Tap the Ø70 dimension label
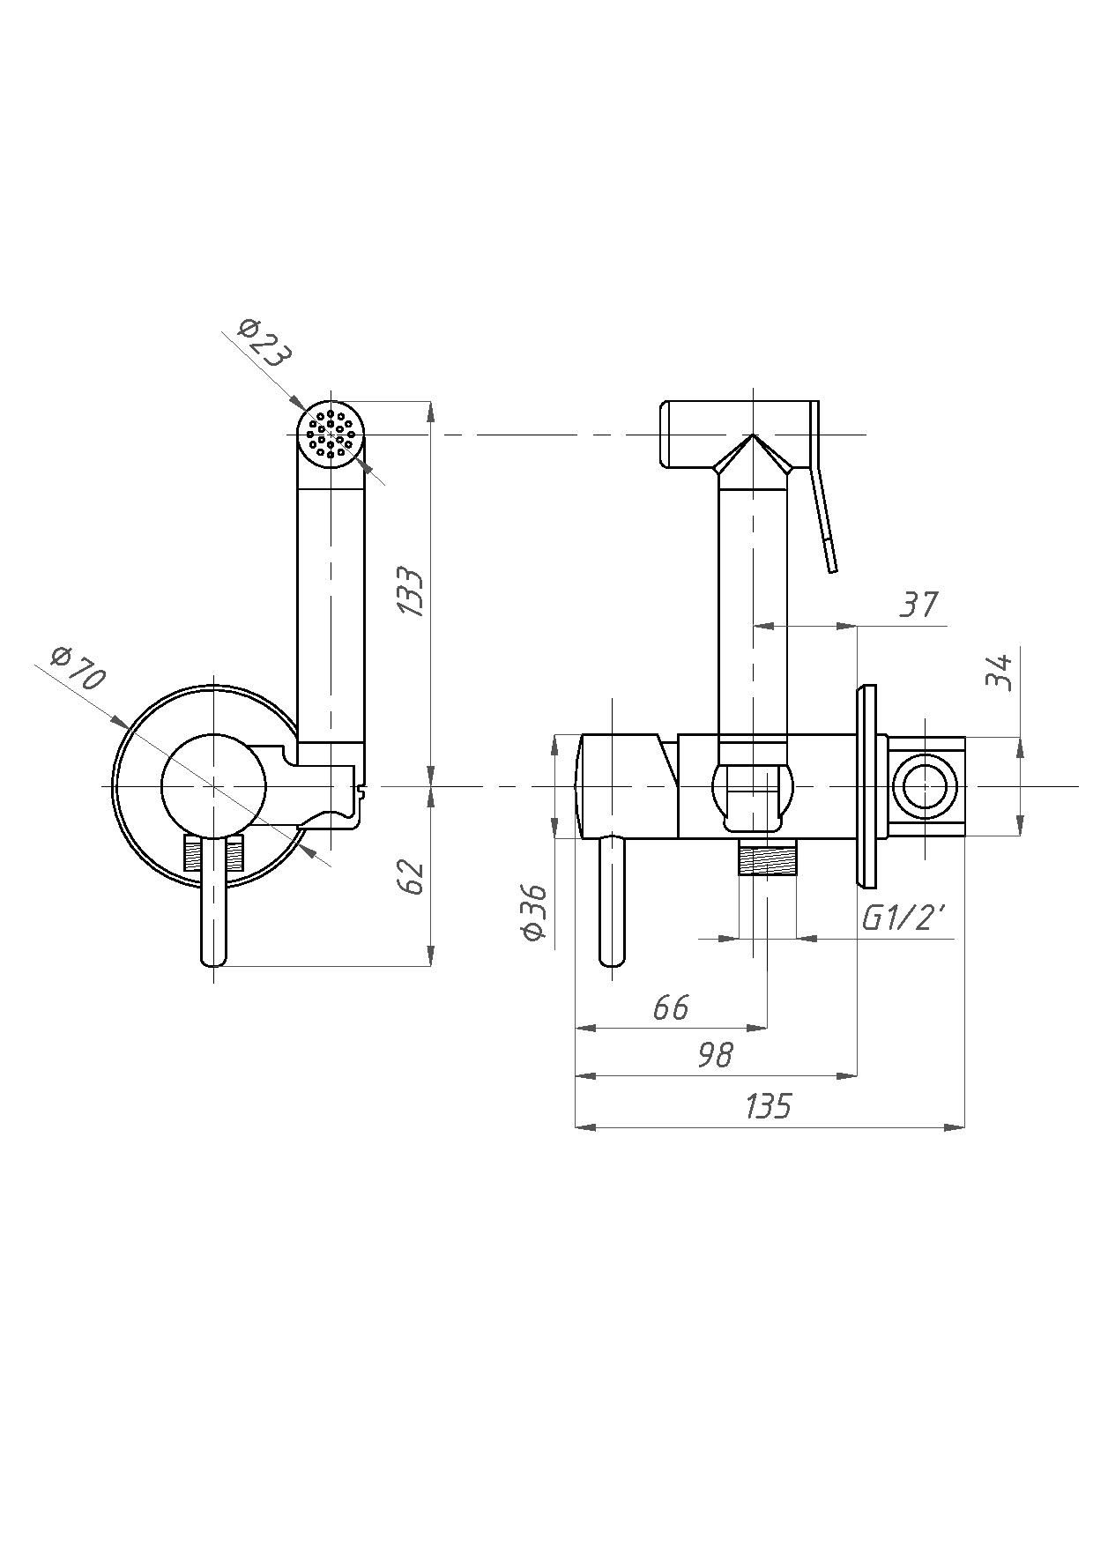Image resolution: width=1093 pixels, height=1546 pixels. point(78,668)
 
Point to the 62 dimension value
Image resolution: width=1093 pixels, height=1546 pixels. point(412,876)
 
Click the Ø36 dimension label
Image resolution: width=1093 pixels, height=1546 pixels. point(536,912)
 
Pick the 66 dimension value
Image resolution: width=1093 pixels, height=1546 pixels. point(671,1007)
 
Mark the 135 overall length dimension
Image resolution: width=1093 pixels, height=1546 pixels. point(769,1106)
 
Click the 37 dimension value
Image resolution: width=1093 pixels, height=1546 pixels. point(918,605)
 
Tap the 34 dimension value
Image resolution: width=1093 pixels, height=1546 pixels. point(999,672)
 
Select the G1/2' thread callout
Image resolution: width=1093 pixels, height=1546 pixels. point(904,919)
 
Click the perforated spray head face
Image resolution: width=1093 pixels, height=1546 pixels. point(331,434)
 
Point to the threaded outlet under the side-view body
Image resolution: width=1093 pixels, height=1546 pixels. point(767,858)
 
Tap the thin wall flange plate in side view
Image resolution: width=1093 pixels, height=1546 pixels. point(866,786)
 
